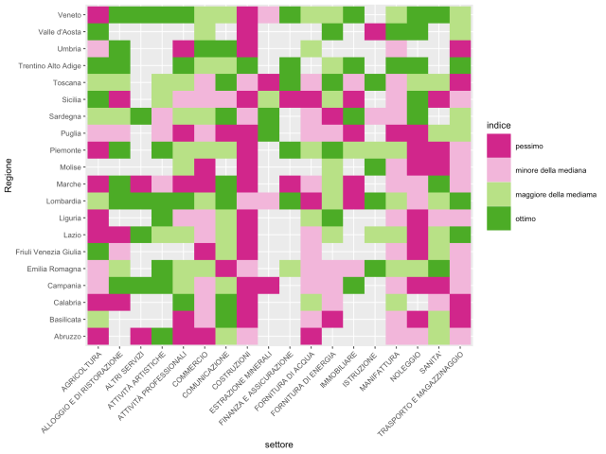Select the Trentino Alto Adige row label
46,65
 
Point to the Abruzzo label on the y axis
64,334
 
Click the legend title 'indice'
499,125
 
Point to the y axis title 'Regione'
9,175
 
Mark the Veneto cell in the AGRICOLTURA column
98,15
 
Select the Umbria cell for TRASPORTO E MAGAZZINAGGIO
461,48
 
